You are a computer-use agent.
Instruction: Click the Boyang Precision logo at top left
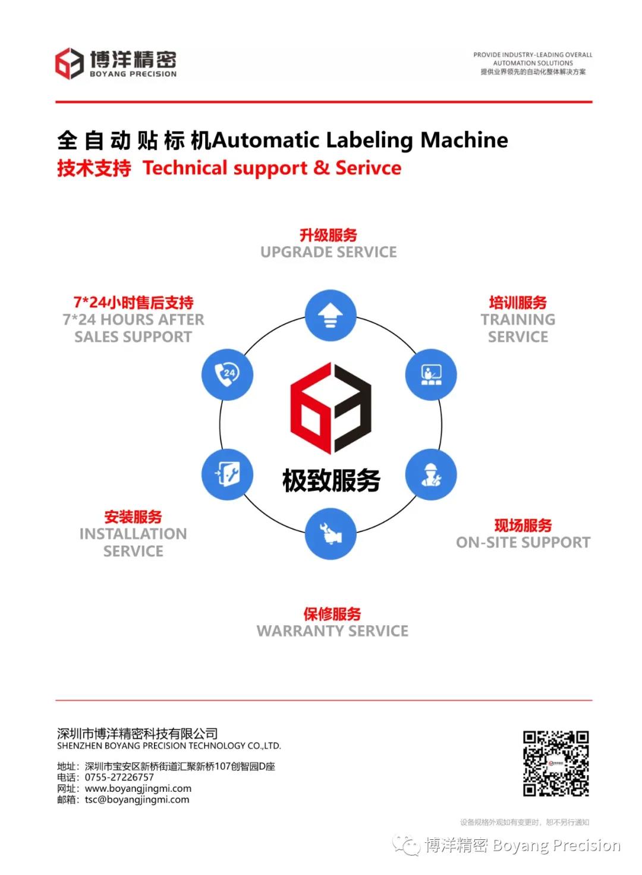point(69,64)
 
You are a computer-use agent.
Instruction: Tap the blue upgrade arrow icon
point(331,316)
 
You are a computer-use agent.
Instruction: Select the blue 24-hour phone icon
point(228,374)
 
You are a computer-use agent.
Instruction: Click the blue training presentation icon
point(431,374)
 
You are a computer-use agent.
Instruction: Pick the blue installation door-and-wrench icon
point(228,474)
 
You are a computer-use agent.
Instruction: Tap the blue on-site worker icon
point(431,474)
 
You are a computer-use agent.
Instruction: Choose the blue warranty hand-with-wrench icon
point(331,533)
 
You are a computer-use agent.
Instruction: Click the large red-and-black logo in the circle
point(331,408)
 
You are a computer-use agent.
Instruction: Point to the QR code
point(556,764)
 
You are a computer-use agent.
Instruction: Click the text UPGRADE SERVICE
point(329,252)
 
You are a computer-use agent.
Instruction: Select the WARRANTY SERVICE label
point(332,631)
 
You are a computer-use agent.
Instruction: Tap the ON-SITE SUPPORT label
point(523,542)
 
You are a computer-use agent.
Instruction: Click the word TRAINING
point(518,320)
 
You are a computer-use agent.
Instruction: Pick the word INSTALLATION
point(133,534)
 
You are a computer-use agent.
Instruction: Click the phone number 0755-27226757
point(119,778)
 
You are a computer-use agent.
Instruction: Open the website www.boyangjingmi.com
point(138,789)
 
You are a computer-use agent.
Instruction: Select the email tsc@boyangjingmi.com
point(137,800)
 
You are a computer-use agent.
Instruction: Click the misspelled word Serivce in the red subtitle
point(369,168)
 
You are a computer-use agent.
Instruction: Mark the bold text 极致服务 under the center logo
point(331,480)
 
